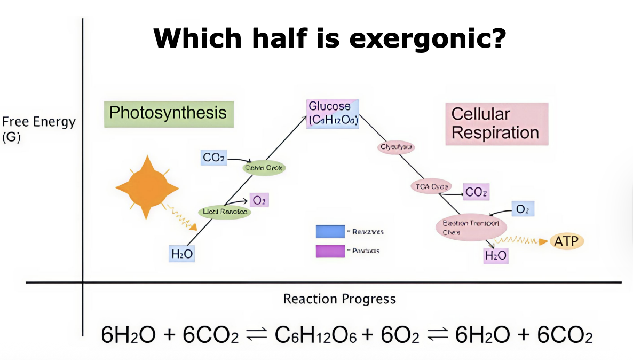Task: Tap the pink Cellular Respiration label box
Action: point(496,123)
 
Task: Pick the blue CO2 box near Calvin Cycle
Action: point(214,158)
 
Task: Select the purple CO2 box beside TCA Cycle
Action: point(476,192)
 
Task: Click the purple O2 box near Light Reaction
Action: point(258,200)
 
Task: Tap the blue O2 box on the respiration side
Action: point(522,209)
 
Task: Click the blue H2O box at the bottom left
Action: point(182,254)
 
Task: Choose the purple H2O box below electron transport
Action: point(495,256)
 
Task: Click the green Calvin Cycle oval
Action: point(264,168)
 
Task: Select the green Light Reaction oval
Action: point(225,212)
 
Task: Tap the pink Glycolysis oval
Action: point(396,146)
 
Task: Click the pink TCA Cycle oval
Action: point(431,186)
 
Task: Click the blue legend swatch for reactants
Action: point(330,231)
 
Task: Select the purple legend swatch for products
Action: point(330,251)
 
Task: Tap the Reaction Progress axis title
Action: point(339,299)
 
